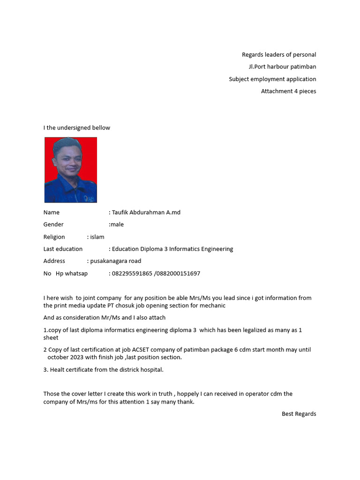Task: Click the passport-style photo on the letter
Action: pyautogui.click(x=70, y=170)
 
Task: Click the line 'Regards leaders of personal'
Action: pyautogui.click(x=279, y=55)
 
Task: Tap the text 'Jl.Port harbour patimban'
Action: pyautogui.click(x=282, y=67)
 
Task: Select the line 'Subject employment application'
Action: pyautogui.click(x=272, y=79)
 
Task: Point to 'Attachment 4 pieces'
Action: pyautogui.click(x=288, y=91)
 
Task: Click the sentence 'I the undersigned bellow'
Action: pyautogui.click(x=77, y=128)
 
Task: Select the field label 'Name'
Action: pyautogui.click(x=52, y=212)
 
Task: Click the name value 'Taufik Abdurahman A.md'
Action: pyautogui.click(x=146, y=212)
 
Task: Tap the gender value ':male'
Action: pyautogui.click(x=116, y=225)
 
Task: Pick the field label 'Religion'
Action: pyautogui.click(x=54, y=237)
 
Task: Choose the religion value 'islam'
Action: pyautogui.click(x=97, y=237)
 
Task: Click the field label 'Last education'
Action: pyautogui.click(x=63, y=249)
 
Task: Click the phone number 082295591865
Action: pyautogui.click(x=132, y=273)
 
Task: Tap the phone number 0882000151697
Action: pyautogui.click(x=179, y=273)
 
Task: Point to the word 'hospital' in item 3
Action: pyautogui.click(x=151, y=370)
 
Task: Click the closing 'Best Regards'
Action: pyautogui.click(x=299, y=414)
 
